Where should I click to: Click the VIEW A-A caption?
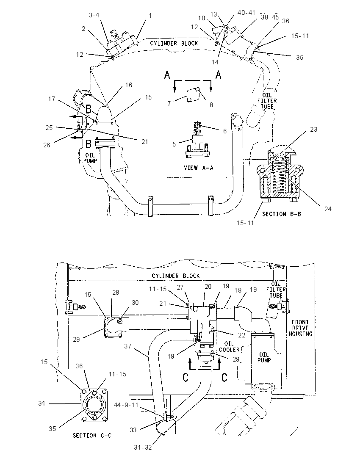[x=198, y=168]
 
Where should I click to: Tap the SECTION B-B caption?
[x=282, y=214]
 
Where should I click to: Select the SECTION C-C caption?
[x=92, y=435]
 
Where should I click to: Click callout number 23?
[x=313, y=129]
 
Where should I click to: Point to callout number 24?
[x=328, y=209]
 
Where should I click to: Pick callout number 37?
[x=127, y=346]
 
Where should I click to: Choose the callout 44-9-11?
[x=126, y=405]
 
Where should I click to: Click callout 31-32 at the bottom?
[x=143, y=447]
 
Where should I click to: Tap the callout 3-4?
[x=94, y=15]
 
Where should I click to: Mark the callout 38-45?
[x=270, y=17]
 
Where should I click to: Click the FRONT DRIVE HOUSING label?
[x=300, y=328]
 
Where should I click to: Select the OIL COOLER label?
[x=229, y=347]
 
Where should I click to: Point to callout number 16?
[x=128, y=85]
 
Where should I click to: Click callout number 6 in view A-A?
[x=225, y=131]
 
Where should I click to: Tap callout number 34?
[x=42, y=403]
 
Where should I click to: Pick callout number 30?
[x=135, y=302]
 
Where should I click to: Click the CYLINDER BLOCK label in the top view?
[x=174, y=43]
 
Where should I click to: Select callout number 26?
[x=47, y=145]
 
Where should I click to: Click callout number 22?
[x=242, y=335]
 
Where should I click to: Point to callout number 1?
[x=150, y=15]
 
